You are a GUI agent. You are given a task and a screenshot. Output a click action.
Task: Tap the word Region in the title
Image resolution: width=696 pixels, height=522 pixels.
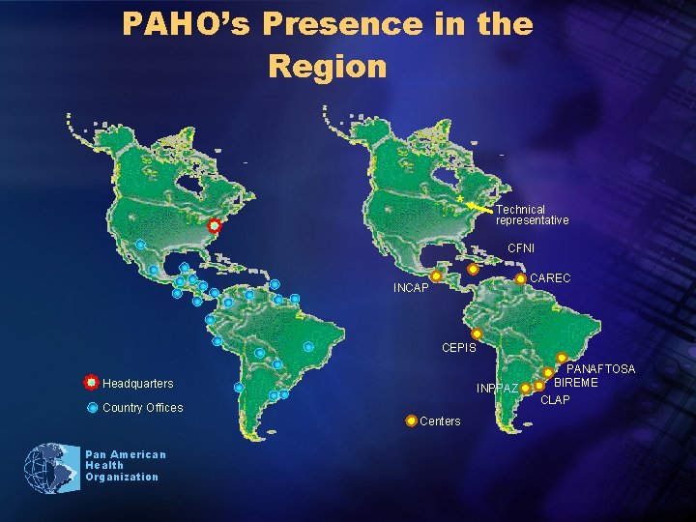tap(327, 67)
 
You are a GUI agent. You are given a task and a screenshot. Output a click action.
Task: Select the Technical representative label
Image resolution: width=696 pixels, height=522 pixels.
tap(532, 215)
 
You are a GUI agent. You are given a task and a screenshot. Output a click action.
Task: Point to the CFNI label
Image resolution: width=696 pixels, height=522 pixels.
tap(521, 248)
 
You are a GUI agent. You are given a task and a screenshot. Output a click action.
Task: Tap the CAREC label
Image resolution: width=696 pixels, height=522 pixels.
tap(551, 278)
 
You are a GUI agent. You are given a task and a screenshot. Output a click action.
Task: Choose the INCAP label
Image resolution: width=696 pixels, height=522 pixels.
tap(411, 288)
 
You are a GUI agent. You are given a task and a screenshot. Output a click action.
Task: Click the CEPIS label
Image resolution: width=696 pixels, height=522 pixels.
tap(458, 347)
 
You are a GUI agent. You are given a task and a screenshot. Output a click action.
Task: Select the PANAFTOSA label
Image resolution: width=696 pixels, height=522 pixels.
tap(600, 369)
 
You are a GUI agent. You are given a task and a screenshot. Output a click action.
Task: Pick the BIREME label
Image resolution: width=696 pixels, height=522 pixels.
tap(576, 383)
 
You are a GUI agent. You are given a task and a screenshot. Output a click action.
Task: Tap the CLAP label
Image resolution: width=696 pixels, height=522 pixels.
tap(555, 399)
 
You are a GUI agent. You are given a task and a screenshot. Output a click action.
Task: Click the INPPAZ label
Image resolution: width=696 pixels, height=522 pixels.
tap(498, 389)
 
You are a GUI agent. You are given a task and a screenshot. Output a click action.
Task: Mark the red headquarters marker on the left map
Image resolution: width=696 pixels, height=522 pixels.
tap(214, 225)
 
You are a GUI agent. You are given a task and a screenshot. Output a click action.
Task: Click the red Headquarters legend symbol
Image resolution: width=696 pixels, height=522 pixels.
tap(90, 383)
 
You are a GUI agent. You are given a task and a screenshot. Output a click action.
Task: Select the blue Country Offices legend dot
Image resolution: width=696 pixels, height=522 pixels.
tap(92, 407)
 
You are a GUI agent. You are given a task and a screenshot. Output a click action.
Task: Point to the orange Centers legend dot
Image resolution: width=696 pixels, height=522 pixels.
tap(412, 420)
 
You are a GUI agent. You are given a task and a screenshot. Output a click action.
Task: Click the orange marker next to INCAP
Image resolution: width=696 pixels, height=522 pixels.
tap(436, 276)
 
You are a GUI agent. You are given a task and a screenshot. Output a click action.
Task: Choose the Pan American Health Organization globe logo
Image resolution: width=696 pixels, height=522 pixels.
tap(52, 468)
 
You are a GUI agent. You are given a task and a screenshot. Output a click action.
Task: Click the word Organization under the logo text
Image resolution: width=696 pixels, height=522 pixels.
tap(121, 477)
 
